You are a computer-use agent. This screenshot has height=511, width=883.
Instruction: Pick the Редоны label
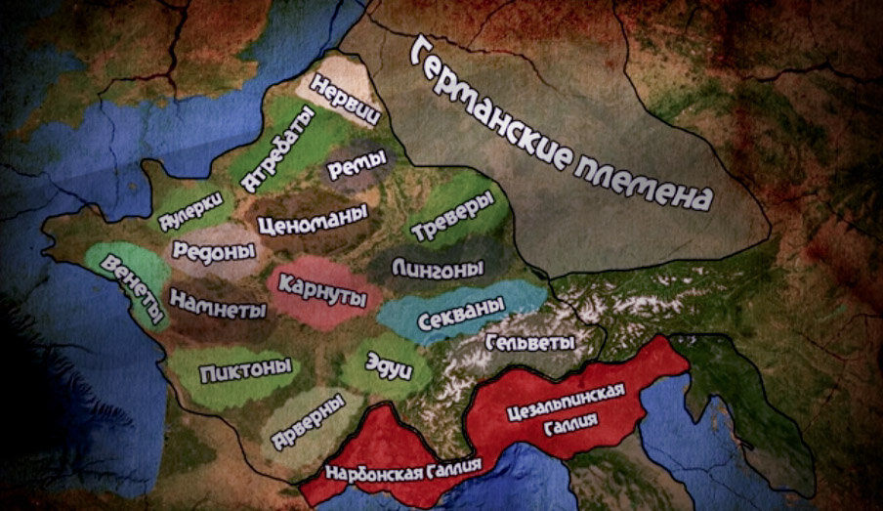213,251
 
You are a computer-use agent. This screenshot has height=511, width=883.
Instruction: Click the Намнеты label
218,303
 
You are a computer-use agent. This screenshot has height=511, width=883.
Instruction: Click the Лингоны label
438,266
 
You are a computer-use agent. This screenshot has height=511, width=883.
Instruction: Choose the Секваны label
459,314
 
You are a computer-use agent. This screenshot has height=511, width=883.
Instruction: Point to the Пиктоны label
245,370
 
